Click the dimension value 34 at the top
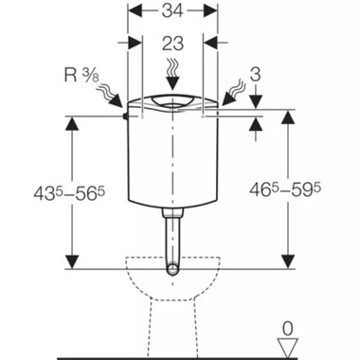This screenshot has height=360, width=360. click(172, 11)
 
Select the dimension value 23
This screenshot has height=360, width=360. click(172, 44)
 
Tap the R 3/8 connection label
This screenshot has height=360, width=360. click(81, 76)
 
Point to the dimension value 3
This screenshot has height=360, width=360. click(255, 75)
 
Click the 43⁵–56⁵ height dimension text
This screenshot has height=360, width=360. click(69, 193)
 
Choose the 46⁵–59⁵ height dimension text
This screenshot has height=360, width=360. click(285, 190)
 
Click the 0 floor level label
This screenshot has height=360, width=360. click(287, 329)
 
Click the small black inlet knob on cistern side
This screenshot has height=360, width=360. click(125, 117)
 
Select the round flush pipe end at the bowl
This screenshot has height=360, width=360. click(172, 270)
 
